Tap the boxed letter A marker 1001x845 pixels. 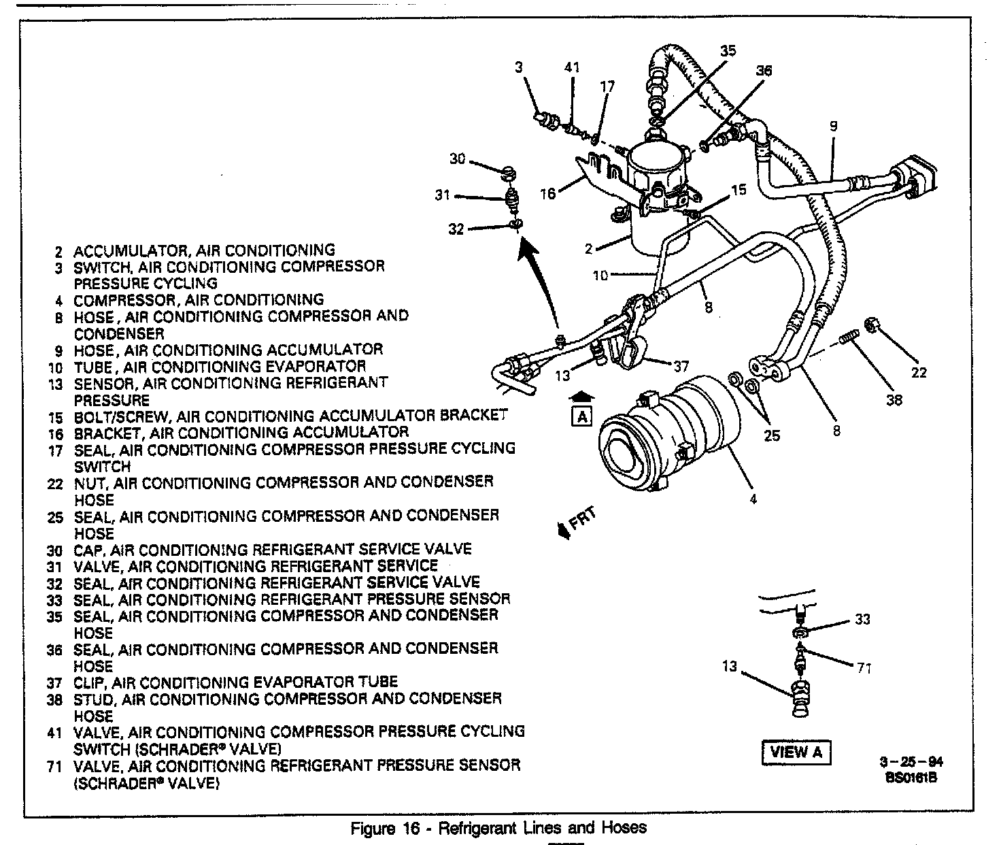[x=582, y=416]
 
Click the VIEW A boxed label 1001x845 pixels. [x=796, y=752]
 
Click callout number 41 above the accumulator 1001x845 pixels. [x=573, y=67]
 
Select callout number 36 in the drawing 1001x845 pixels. [x=764, y=70]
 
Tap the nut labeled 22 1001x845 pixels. [x=871, y=327]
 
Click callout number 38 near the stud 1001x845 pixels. [x=894, y=400]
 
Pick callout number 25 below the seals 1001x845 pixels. [x=772, y=435]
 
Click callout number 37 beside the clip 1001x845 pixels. [x=681, y=367]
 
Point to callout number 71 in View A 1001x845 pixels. [x=864, y=668]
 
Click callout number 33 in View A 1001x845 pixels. [x=863, y=619]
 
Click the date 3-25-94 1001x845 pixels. [x=911, y=763]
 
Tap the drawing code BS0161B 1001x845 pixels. [x=911, y=778]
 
